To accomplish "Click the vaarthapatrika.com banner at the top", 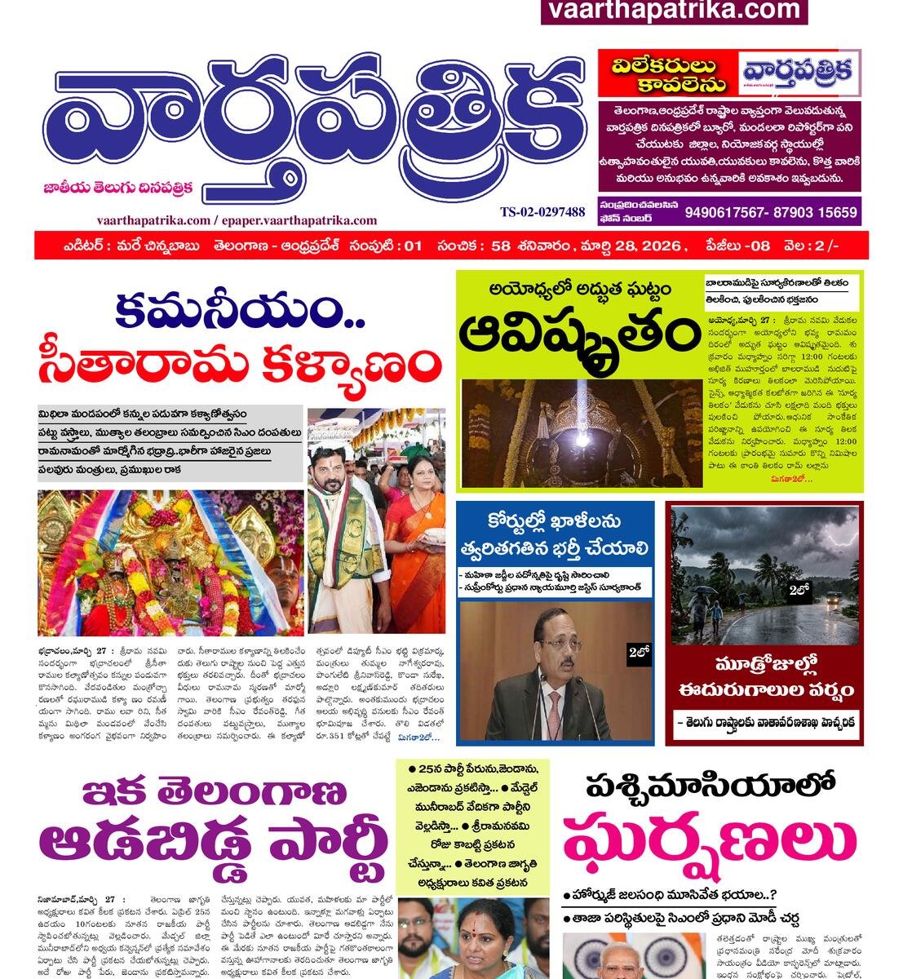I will coord(674,11).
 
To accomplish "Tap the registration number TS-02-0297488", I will coord(542,212).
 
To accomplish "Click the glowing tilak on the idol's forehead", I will coord(582,439).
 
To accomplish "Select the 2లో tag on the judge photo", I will coord(638,651).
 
